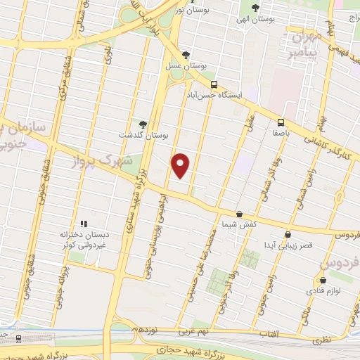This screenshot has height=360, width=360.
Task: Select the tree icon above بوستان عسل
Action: pos(186,54)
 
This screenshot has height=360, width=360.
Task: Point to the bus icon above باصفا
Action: pos(281,121)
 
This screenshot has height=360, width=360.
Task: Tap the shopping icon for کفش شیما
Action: pos(240,214)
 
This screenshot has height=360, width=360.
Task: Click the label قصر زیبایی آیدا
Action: pos(288,246)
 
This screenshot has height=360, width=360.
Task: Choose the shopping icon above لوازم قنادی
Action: pos(315,280)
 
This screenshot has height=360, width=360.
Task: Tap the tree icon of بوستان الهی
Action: pos(256,9)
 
